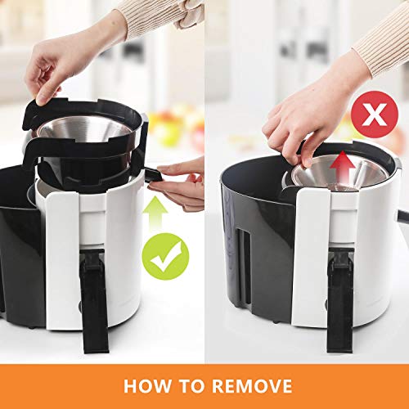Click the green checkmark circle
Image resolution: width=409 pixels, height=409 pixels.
click(165, 256)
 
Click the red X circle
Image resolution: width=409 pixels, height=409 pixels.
click(375, 115)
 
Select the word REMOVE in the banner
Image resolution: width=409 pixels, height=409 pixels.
click(252, 386)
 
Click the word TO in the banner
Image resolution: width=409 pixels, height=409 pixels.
click(192, 386)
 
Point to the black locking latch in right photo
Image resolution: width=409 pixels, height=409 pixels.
click(340, 303)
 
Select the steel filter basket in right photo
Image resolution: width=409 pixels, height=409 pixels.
click(338, 173)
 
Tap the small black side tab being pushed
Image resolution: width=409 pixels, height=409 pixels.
click(154, 175)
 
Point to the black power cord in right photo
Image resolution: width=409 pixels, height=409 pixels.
click(403, 215)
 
